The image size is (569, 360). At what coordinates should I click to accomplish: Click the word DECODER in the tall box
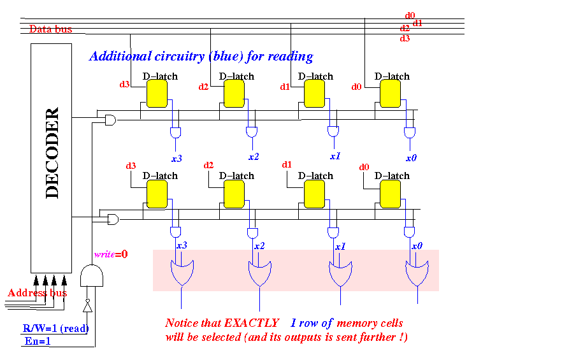(x=52, y=153)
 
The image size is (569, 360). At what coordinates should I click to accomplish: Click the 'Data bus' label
(x=50, y=29)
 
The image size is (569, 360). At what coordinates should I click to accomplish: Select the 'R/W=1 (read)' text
(x=55, y=329)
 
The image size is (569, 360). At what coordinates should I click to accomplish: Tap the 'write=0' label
(x=111, y=254)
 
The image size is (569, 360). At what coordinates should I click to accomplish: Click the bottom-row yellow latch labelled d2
(x=234, y=194)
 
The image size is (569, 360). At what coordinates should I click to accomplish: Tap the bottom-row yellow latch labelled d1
(x=314, y=194)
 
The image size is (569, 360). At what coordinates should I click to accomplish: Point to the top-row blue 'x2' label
(x=254, y=157)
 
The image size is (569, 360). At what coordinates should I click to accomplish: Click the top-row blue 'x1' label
(x=335, y=156)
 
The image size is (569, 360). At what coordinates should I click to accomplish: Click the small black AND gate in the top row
(x=111, y=120)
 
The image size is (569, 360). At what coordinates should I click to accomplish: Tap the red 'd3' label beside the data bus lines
(x=405, y=38)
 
